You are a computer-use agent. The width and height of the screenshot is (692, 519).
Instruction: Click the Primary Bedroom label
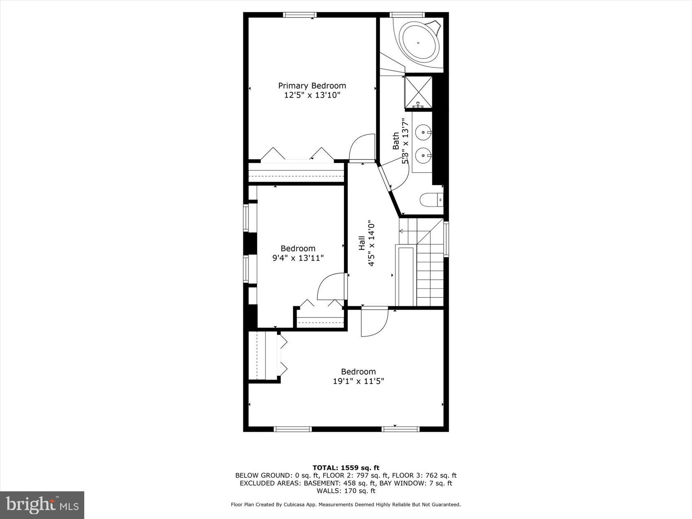click(312, 85)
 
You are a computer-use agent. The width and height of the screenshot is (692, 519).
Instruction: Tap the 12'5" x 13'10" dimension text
click(312, 95)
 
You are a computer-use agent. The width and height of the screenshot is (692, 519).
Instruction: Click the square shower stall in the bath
click(418, 92)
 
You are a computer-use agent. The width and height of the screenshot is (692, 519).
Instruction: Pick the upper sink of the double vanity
click(424, 132)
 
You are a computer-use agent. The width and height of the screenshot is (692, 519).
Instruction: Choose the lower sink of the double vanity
click(424, 155)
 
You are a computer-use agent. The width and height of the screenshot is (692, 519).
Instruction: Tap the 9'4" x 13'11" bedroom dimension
click(298, 258)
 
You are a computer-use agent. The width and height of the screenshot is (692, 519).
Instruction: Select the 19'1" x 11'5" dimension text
click(358, 381)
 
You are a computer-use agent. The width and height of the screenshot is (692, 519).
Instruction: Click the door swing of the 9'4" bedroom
click(331, 287)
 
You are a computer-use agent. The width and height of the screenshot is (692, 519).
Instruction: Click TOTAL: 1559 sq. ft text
click(346, 468)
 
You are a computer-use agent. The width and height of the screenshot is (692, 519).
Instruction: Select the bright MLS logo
click(42, 505)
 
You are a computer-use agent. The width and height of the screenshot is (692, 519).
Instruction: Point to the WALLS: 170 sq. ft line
click(346, 491)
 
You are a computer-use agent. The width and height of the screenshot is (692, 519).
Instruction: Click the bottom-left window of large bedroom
click(292, 429)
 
